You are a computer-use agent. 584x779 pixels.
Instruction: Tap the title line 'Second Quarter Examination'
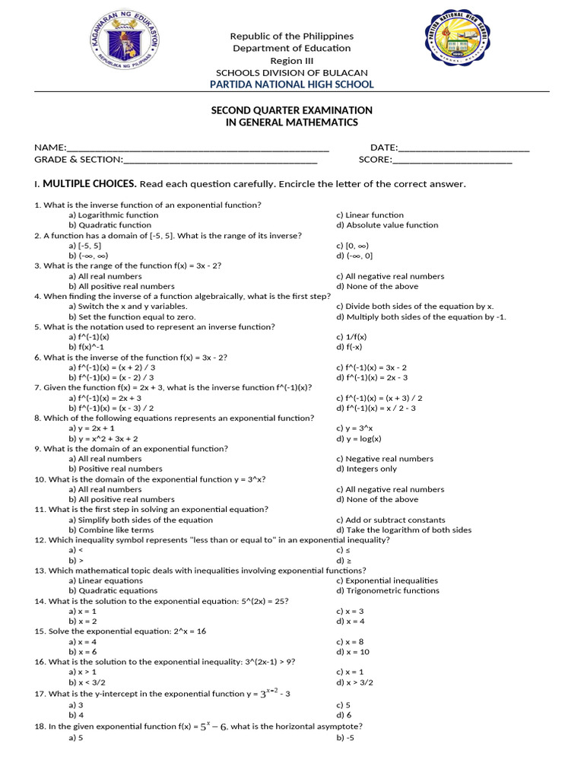tap(291, 110)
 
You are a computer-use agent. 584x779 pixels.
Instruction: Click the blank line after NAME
tap(198, 148)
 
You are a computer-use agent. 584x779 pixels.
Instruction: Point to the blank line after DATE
tap(464, 148)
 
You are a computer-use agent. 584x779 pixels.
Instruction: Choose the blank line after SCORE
tap(452, 160)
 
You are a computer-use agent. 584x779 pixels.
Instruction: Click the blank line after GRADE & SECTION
tap(220, 160)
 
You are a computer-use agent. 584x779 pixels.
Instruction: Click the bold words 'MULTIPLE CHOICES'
tap(90, 184)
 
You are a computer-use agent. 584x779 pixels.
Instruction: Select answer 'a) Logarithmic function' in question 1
tap(113, 215)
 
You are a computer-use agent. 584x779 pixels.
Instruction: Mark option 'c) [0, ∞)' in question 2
tap(351, 246)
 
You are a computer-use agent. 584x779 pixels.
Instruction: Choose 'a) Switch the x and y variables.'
tap(127, 307)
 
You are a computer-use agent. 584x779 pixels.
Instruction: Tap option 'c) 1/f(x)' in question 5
tap(351, 337)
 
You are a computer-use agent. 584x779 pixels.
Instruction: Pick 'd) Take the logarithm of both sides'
tap(404, 529)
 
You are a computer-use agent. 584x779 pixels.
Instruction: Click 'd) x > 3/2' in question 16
tap(355, 682)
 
